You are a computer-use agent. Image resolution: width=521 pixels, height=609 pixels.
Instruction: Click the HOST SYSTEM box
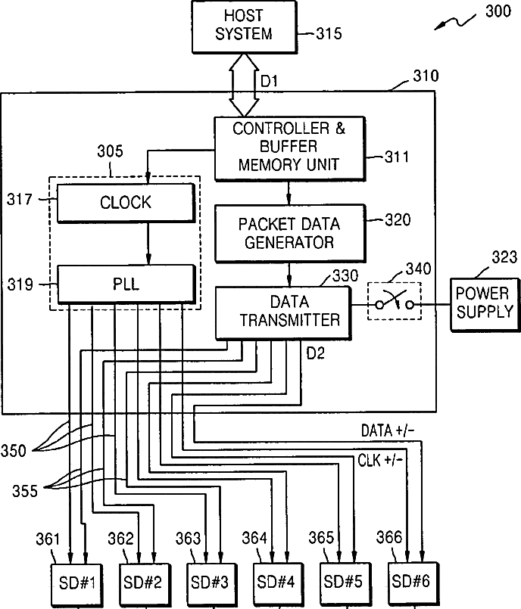(x=245, y=26)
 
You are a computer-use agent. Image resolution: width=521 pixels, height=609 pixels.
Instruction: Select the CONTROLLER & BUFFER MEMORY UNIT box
(x=290, y=148)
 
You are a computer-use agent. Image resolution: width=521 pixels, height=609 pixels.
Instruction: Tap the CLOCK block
(x=126, y=203)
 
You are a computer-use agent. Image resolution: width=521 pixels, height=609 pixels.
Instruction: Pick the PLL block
(x=126, y=284)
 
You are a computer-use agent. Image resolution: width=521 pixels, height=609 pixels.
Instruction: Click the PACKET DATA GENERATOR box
(x=290, y=233)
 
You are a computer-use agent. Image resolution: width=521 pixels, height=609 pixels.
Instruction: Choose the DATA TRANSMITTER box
(x=283, y=313)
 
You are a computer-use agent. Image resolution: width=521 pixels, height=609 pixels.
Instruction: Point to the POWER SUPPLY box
(x=485, y=304)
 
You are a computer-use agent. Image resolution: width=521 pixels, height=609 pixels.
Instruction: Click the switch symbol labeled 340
(x=395, y=301)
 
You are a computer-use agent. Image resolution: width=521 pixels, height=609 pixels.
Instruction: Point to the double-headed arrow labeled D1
(x=244, y=85)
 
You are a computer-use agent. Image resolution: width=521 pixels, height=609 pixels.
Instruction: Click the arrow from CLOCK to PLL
(x=148, y=244)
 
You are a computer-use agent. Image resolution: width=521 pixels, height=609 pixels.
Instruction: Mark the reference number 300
(x=498, y=11)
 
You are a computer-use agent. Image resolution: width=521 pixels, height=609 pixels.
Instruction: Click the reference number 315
(x=329, y=33)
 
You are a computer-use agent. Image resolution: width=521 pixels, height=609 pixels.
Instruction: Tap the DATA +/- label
(x=388, y=430)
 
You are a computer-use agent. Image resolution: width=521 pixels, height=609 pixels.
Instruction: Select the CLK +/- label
(x=380, y=460)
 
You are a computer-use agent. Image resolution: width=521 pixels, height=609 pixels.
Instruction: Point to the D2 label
(x=315, y=353)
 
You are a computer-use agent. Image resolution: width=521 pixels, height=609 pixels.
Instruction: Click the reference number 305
(x=110, y=151)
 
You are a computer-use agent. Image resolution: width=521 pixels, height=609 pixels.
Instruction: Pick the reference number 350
(x=13, y=451)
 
